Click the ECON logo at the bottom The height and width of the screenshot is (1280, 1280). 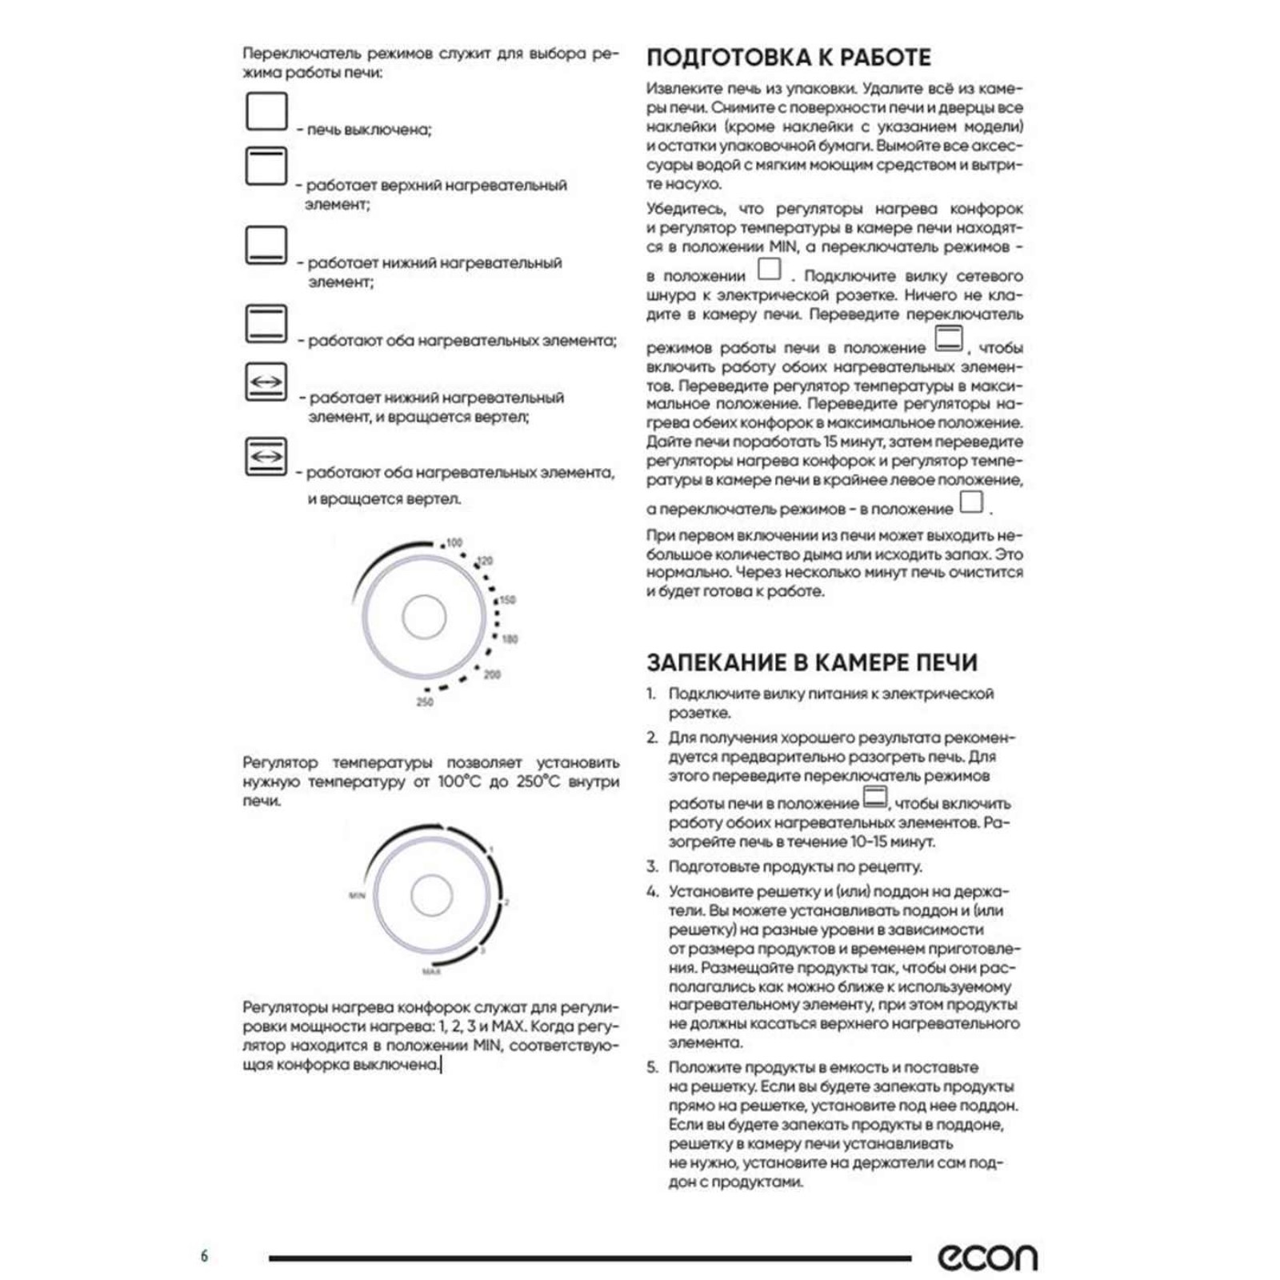point(987,1258)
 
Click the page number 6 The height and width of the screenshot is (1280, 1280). point(204,1255)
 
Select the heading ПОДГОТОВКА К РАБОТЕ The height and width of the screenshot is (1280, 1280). point(788,58)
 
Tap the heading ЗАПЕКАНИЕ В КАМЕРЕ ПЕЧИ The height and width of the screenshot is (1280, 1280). point(812,662)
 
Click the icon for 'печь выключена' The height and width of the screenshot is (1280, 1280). point(266,111)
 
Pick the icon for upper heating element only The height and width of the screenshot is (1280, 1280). point(266,166)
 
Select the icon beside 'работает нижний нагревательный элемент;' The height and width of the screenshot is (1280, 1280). point(266,245)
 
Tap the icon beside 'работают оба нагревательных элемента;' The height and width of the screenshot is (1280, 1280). point(266,323)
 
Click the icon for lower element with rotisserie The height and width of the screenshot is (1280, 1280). point(266,382)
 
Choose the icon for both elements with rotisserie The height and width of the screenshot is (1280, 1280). point(266,456)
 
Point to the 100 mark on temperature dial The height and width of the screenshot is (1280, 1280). point(454,542)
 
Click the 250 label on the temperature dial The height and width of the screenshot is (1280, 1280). point(425,702)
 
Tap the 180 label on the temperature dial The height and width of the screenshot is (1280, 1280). point(510,638)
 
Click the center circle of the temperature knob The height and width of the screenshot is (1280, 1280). point(424,618)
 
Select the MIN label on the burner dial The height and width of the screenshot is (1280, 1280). point(357,895)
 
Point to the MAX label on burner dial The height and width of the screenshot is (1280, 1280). point(432,971)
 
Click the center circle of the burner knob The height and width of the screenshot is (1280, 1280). point(431,895)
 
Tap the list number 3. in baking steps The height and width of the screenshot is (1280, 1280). point(652,866)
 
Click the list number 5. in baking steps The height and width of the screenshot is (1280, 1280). point(652,1067)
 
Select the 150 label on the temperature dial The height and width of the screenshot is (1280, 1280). point(507,599)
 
